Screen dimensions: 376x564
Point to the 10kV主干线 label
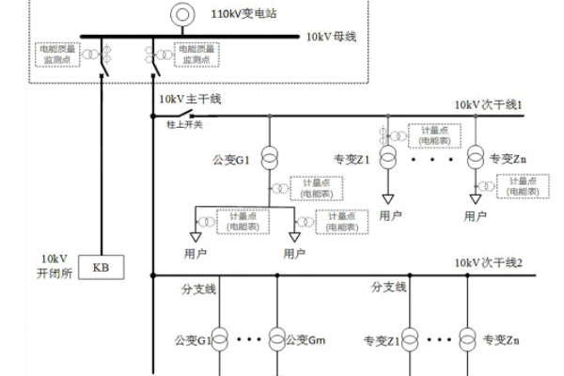tap(189, 98)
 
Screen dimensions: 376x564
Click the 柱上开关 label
tap(185, 125)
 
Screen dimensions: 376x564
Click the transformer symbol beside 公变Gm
tap(277, 337)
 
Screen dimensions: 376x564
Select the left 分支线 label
tap(198, 288)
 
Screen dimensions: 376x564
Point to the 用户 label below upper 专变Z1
tap(390, 215)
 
